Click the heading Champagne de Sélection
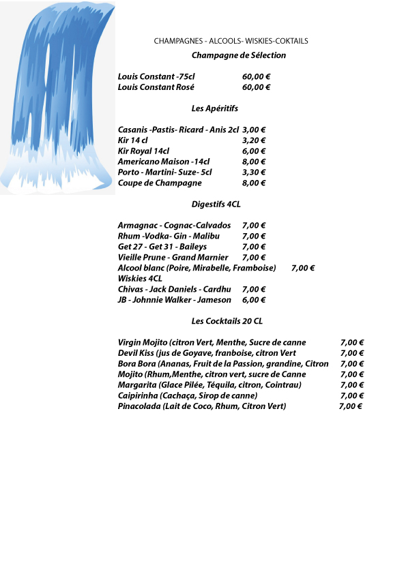point(238,55)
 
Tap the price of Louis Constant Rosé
point(256,87)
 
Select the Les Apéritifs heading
point(214,108)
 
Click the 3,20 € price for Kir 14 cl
point(254,140)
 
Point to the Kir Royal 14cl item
point(143,151)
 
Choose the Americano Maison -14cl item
point(163,162)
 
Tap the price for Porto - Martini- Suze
point(254,172)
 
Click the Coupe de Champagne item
point(160,183)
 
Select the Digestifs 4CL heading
point(216,204)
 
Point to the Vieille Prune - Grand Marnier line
point(173,257)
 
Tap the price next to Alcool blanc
point(302,268)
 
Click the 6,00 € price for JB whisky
point(254,300)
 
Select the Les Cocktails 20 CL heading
point(227,321)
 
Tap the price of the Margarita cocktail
point(351,385)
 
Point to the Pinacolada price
point(350,406)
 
